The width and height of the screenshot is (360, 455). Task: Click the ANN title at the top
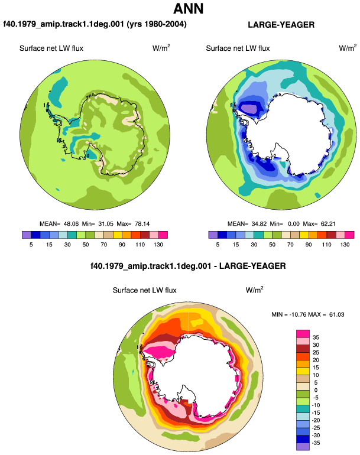tap(189, 8)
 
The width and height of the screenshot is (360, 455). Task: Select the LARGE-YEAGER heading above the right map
tap(281, 25)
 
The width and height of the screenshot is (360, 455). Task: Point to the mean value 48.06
tap(71, 224)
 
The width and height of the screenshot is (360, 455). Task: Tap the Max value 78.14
tap(142, 224)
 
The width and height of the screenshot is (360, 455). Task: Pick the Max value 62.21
tap(328, 224)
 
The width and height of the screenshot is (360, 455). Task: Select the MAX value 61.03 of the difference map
tap(337, 314)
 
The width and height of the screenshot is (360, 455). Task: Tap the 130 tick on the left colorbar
tap(158, 245)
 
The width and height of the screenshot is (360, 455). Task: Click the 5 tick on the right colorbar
tap(218, 245)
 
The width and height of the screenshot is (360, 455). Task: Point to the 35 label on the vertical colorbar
tap(316, 337)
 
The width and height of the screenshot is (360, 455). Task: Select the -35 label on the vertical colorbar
tap(316, 443)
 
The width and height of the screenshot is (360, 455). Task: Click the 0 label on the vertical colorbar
tap(316, 390)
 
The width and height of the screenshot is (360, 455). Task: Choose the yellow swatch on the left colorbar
tap(118, 235)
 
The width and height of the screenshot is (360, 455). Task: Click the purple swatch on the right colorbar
tap(213, 235)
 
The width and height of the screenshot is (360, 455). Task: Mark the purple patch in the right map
tap(249, 109)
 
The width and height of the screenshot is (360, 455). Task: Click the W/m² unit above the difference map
tap(254, 290)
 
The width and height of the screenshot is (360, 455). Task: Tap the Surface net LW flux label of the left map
tap(51, 48)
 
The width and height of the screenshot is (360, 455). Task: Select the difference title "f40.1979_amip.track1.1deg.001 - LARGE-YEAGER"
tap(188, 266)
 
